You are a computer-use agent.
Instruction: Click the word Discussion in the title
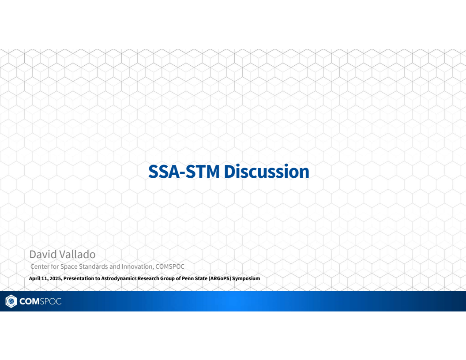[x=267, y=172]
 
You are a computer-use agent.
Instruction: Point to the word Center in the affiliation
[x=39, y=266]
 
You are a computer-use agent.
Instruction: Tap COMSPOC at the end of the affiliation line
[x=170, y=266]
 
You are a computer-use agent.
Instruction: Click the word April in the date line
[x=35, y=279]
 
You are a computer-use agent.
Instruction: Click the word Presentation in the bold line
[x=78, y=279]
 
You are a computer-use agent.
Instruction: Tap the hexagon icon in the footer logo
[x=11, y=301]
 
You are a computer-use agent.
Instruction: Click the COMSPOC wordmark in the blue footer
[x=40, y=301]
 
